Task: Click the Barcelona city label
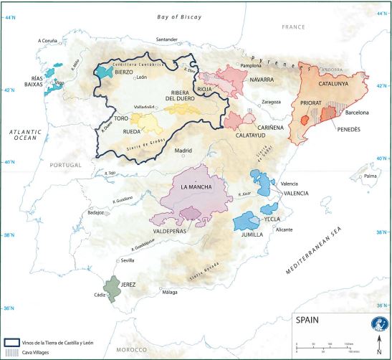(357, 113)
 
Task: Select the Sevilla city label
(129, 260)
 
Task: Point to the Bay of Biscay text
(181, 16)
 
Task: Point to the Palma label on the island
(370, 175)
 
